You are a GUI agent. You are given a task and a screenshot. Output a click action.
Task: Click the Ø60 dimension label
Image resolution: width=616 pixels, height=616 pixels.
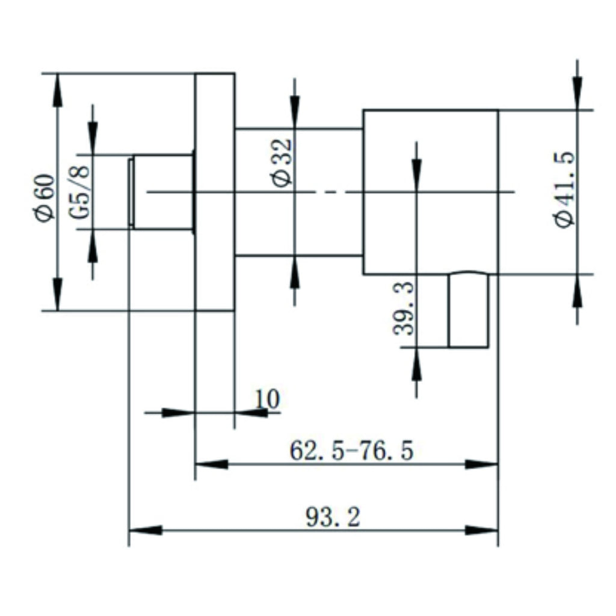tap(45, 198)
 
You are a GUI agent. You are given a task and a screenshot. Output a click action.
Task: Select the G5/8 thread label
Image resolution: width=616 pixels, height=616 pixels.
tap(79, 192)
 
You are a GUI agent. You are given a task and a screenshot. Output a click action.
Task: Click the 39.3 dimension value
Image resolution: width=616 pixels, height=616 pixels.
tap(404, 309)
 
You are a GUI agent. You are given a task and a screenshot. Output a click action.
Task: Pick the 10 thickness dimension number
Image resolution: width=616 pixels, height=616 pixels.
tap(267, 399)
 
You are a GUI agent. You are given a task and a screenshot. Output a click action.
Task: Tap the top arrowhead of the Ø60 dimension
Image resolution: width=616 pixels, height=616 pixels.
tap(57, 90)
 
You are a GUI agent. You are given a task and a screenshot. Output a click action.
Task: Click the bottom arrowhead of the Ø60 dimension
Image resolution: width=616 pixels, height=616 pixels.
tap(57, 294)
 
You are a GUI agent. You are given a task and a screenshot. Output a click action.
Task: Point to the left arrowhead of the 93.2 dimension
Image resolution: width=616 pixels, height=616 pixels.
tap(146, 531)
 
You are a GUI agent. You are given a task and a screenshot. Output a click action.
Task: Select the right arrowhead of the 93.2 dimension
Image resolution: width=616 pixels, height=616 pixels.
tap(482, 531)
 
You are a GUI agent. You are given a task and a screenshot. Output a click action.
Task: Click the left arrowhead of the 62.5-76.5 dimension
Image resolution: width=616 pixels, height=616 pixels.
tap(211, 464)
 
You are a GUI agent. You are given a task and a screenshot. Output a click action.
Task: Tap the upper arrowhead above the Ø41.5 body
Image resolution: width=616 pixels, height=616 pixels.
tap(577, 93)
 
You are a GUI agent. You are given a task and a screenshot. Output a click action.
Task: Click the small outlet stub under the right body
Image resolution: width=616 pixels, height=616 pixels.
tap(469, 310)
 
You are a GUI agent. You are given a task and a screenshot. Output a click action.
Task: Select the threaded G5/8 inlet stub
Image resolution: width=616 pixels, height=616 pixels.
tap(161, 192)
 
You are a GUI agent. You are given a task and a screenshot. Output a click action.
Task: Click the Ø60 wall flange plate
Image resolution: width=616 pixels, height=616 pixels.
tap(215, 192)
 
